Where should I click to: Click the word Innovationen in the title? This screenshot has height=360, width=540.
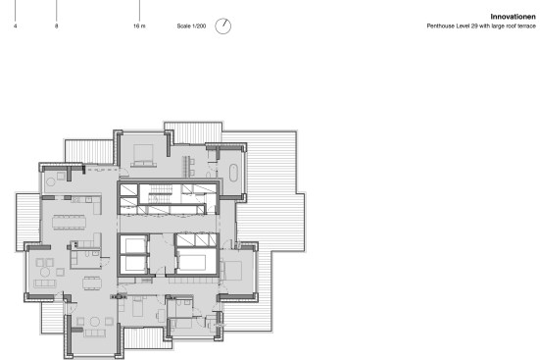(513, 17)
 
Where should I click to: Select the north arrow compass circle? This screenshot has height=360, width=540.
(223, 26)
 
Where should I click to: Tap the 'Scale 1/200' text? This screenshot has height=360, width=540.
(191, 26)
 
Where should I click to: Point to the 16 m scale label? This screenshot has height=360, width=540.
(139, 26)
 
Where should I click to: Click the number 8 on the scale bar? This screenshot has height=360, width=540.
(56, 26)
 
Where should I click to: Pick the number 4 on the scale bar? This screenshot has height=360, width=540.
(15, 26)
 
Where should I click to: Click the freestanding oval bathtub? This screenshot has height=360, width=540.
(233, 173)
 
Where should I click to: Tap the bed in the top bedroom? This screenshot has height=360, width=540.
(144, 156)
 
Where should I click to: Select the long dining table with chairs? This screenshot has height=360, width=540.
(69, 222)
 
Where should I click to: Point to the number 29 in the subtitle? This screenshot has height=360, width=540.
(474, 26)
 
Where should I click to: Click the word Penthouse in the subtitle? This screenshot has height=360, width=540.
(438, 26)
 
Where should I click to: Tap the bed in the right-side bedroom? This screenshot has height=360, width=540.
(231, 271)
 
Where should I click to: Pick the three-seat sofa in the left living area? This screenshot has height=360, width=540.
(45, 283)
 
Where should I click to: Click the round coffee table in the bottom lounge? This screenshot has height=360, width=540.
(95, 322)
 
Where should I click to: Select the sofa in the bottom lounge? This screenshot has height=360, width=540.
(95, 334)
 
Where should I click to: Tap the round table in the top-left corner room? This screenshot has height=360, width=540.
(51, 181)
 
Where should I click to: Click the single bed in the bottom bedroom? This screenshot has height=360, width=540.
(137, 307)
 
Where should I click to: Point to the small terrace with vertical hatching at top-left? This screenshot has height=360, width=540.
(89, 151)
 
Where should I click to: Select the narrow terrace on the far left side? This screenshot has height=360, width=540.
(27, 222)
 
